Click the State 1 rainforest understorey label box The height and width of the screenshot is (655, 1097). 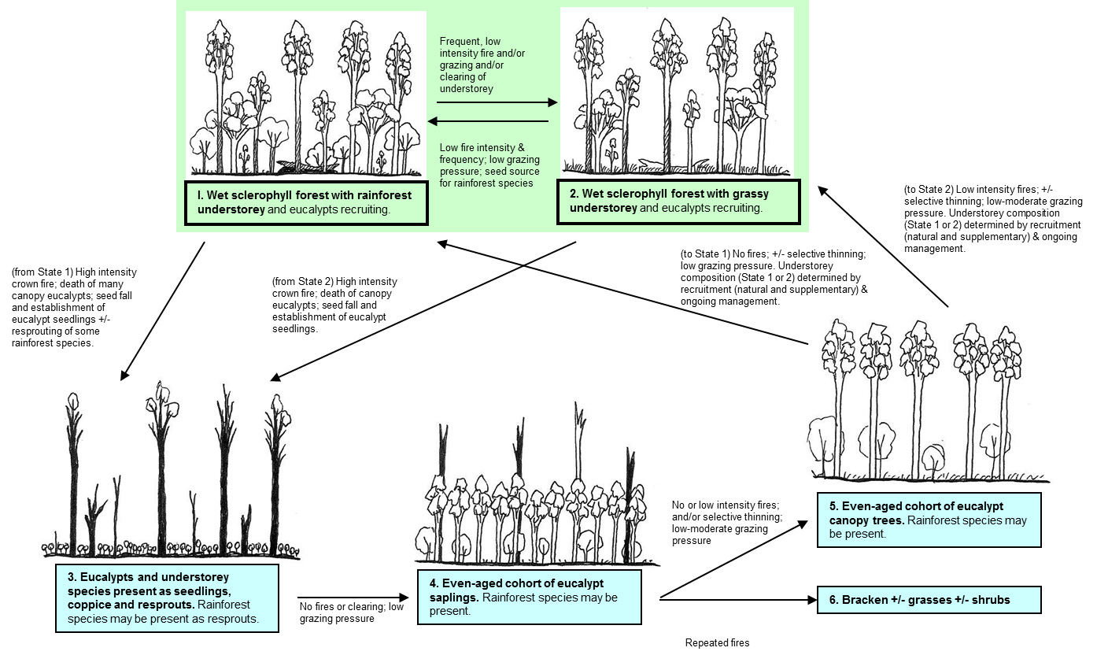tap(307, 202)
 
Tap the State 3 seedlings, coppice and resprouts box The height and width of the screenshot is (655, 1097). tap(168, 597)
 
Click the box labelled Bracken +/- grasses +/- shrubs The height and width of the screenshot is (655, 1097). tap(929, 600)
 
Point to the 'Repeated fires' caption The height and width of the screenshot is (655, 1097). tap(717, 643)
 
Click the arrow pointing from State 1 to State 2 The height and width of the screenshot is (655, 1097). tap(497, 102)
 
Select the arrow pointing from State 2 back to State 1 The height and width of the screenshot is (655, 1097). tap(488, 121)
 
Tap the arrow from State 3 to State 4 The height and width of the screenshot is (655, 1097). tap(354, 598)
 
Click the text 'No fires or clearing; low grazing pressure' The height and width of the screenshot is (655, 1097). tap(351, 612)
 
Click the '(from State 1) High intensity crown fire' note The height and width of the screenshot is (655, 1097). tap(63, 307)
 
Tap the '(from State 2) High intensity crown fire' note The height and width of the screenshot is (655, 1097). tap(334, 305)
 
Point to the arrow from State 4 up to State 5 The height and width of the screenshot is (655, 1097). tap(736, 558)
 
